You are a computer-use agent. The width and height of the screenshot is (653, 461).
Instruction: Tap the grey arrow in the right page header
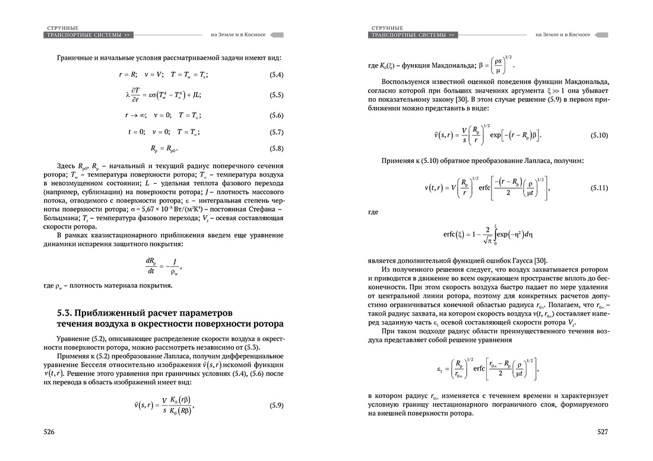pos(602,35)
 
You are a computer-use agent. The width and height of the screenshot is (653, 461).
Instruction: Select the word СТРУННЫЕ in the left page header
pos(62,28)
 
